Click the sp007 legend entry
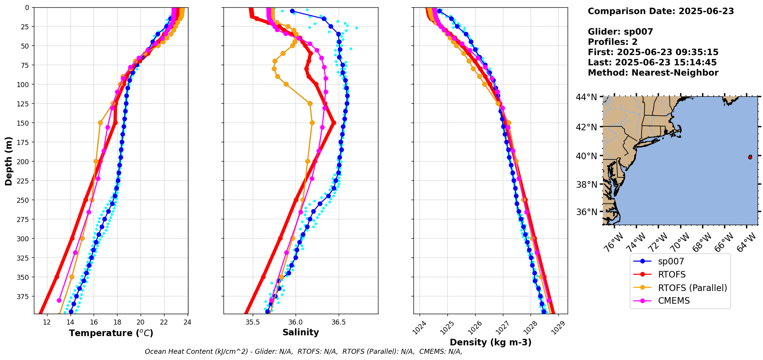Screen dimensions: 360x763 tap(671, 261)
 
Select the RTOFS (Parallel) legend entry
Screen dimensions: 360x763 tap(692, 288)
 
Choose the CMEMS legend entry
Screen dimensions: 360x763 tap(674, 301)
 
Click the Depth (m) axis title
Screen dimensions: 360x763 tap(8, 161)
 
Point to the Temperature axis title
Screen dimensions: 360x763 tap(111, 333)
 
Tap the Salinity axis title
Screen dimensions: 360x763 tap(301, 332)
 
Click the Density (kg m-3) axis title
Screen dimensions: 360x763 tap(491, 342)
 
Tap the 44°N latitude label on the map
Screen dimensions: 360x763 tap(586, 97)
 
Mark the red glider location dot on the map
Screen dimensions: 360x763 tap(750, 157)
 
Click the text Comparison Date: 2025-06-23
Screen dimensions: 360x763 tap(660, 11)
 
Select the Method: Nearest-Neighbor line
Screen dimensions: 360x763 tap(653, 73)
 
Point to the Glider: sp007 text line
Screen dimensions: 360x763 tap(620, 32)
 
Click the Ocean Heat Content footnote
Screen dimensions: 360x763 tap(303, 352)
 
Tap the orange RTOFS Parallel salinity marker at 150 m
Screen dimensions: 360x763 tap(312, 123)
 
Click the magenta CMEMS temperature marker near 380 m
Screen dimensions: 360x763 tap(59, 300)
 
